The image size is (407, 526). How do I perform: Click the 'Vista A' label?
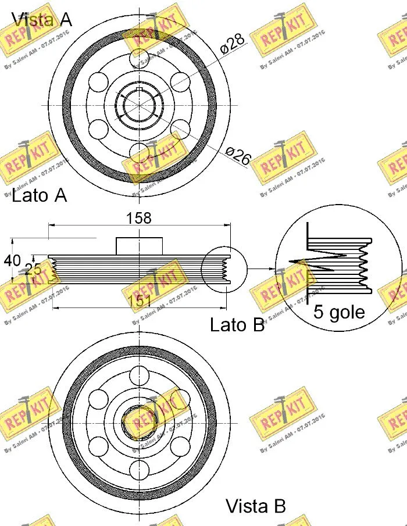click(x=42, y=19)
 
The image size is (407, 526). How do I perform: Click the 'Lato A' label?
click(x=39, y=195)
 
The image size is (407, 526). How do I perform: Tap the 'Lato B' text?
click(x=237, y=325)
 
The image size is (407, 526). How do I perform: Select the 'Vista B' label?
click(x=255, y=506)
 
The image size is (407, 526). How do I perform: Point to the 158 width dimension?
click(x=139, y=218)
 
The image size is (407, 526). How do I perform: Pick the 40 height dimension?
click(x=12, y=261)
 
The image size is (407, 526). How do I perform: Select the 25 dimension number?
click(x=33, y=269)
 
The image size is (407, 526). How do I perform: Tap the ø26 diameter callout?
click(x=237, y=156)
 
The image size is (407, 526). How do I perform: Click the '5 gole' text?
click(x=339, y=312)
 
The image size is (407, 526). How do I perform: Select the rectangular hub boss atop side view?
click(x=139, y=245)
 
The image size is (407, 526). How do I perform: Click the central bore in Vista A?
click(x=139, y=105)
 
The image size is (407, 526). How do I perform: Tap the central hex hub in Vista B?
click(x=139, y=420)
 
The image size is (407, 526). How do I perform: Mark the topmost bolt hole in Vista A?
click(x=139, y=58)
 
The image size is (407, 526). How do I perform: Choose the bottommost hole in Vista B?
click(x=139, y=468)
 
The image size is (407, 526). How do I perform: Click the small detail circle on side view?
click(x=223, y=269)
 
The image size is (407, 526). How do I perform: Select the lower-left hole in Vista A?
click(x=99, y=128)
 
